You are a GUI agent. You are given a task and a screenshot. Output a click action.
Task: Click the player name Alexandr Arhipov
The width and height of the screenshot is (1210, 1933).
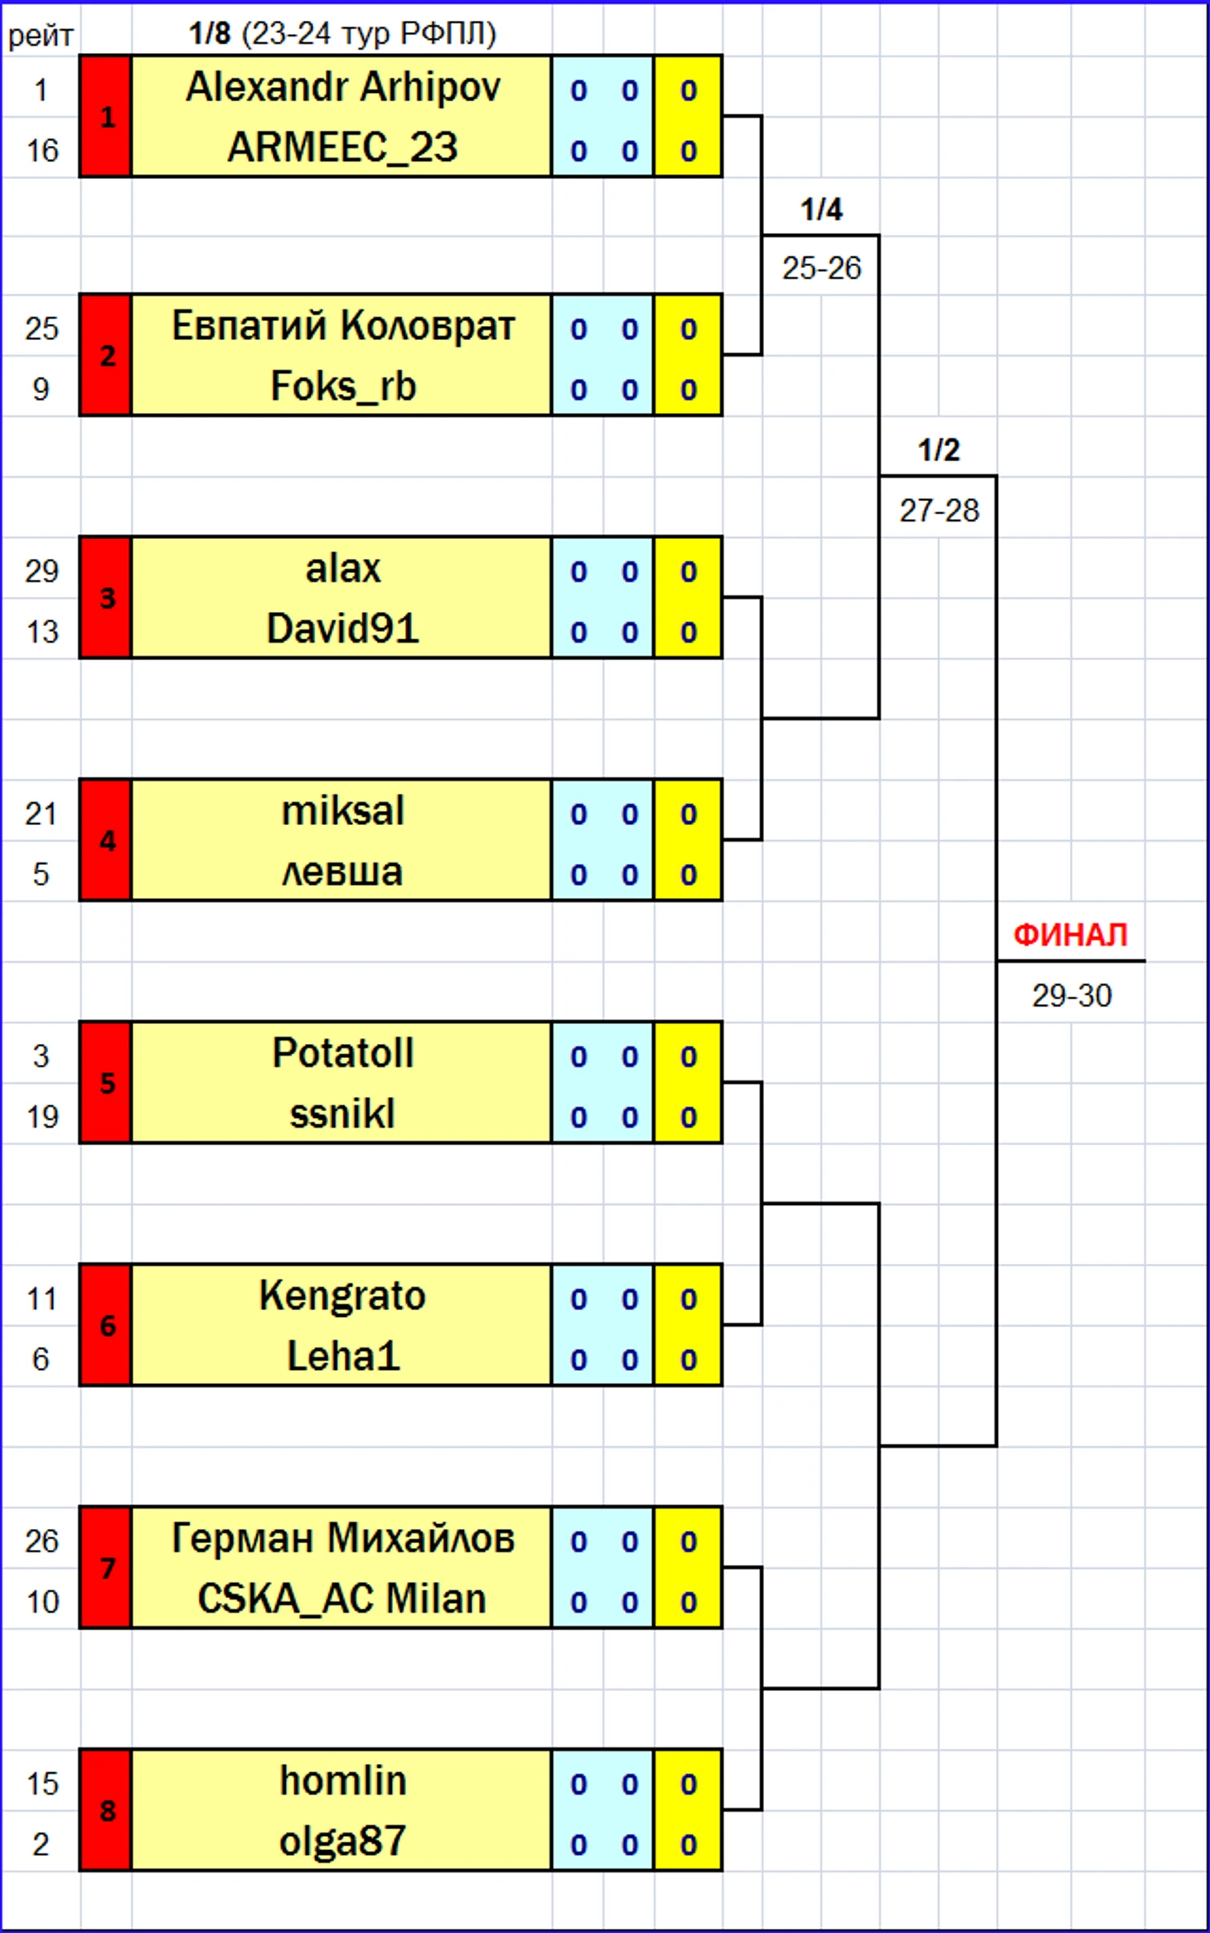342,87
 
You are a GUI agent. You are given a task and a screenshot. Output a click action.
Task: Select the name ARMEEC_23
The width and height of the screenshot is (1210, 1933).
342,148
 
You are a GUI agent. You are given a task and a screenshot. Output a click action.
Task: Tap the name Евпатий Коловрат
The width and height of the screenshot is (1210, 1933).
342,326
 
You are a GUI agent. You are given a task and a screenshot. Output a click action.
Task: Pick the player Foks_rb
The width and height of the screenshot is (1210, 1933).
342,386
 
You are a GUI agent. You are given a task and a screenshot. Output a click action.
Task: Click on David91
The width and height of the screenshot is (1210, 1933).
342,629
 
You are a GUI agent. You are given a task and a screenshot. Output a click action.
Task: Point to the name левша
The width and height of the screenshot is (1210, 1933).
342,872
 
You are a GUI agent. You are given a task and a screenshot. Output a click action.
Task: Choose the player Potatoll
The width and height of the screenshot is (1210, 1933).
342,1053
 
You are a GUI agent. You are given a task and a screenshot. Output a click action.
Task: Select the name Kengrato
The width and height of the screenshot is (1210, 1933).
342,1295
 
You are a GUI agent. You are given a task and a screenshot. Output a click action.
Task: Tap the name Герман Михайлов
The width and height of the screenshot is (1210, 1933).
342,1538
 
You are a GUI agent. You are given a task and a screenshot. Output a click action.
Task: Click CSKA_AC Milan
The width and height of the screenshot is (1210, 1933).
342,1599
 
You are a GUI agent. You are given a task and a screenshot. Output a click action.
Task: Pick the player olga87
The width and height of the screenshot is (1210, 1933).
342,1841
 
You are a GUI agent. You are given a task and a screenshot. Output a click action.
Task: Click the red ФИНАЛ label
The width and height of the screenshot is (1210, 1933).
1071,935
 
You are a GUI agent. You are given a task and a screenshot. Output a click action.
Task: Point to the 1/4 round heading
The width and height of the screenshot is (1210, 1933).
821,210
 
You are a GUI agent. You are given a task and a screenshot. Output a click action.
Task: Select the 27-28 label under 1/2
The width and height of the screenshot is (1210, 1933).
939,511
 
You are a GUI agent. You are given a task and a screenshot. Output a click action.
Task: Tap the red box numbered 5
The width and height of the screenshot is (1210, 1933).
106,1083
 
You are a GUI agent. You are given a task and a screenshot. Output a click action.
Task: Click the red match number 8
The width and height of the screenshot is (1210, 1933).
106,1810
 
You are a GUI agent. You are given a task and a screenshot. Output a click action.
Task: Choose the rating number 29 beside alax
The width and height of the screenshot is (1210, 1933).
41,571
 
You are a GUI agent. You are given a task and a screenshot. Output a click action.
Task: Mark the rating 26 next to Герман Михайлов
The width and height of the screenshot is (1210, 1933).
41,1541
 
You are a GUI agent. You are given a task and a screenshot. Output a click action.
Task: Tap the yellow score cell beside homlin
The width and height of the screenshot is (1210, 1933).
688,1783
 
